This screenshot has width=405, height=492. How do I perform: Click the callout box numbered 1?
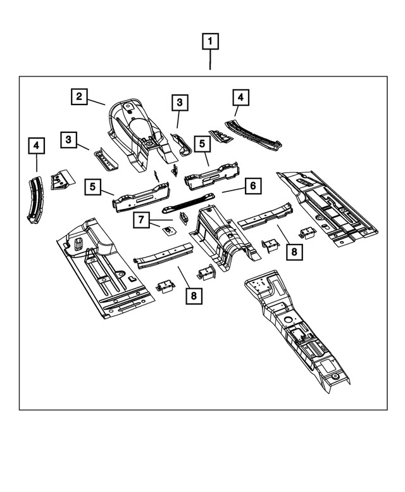210,42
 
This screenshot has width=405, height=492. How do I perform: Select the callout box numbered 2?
78,96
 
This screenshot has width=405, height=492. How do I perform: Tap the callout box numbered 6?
252,186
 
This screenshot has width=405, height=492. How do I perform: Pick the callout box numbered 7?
142,220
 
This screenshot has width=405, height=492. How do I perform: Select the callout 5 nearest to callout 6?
201,144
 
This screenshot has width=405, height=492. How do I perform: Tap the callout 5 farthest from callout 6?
93,187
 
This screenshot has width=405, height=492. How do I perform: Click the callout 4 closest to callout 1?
240,97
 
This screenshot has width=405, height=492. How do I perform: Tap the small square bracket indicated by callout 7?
169,230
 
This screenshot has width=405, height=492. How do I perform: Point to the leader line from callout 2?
96,101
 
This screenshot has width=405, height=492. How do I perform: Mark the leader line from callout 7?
157,223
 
